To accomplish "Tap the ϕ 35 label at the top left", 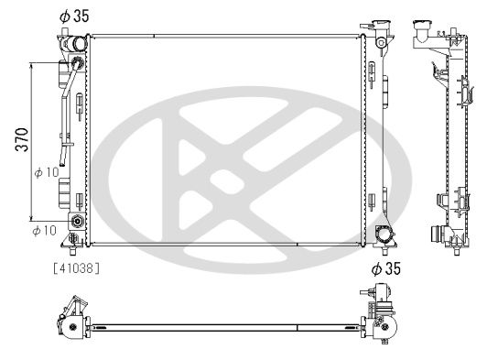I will tap(76, 15).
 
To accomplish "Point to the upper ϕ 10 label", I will tap(46, 172).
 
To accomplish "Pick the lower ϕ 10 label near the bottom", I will tap(44, 229).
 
